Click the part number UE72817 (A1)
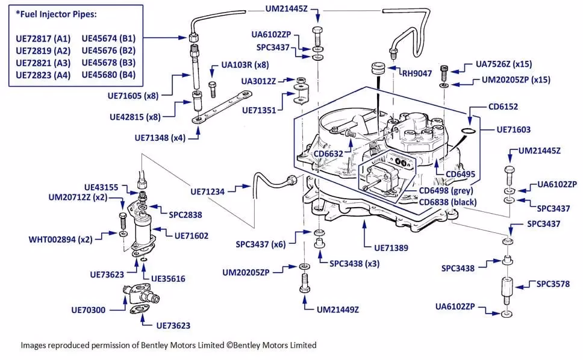[x=43, y=38]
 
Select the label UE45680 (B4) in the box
[x=108, y=75]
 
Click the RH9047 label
[x=418, y=73]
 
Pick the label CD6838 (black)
[x=447, y=202]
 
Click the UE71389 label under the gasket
[x=391, y=247]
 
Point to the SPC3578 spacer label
[x=552, y=284]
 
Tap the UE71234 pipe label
[x=207, y=191]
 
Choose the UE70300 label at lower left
[x=88, y=310]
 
